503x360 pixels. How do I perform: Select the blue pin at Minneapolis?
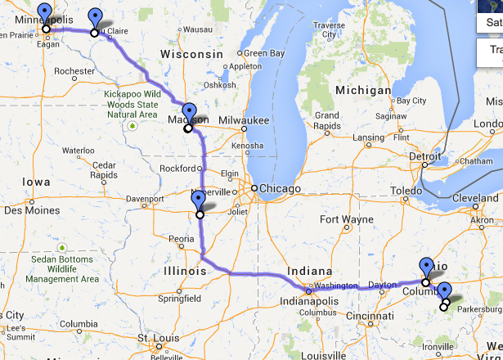click(x=45, y=16)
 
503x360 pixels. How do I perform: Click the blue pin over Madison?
click(x=190, y=113)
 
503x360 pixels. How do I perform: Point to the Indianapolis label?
click(x=309, y=300)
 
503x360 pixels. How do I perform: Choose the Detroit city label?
click(x=425, y=155)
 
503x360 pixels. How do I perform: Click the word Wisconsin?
click(x=191, y=53)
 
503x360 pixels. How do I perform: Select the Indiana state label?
click(x=309, y=272)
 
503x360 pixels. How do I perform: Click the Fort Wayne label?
click(x=341, y=219)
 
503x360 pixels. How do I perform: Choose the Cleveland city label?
click(x=475, y=198)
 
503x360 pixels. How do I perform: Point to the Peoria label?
click(x=181, y=239)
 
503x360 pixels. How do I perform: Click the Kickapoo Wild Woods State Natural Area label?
click(x=131, y=105)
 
